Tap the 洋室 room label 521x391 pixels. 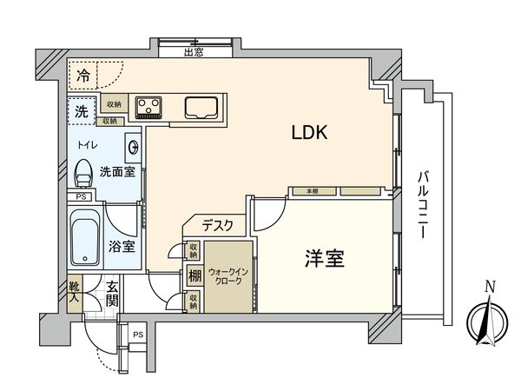[325, 258]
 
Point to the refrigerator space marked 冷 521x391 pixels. [82, 76]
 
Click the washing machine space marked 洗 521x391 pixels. [80, 111]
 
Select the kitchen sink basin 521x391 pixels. [201, 108]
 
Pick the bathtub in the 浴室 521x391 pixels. [86, 241]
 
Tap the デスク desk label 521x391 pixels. [217, 225]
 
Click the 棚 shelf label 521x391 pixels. [194, 276]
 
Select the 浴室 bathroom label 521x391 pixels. [122, 247]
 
